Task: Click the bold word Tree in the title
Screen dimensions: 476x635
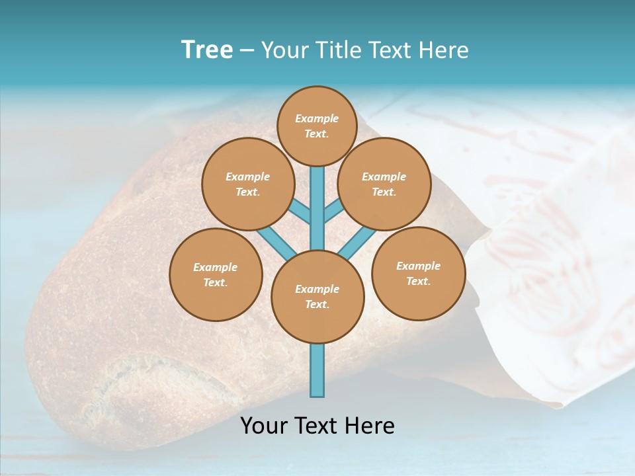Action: point(207,50)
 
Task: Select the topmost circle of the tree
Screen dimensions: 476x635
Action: point(317,126)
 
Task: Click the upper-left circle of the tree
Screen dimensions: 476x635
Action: point(247,184)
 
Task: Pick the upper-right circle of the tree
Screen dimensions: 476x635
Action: point(384,184)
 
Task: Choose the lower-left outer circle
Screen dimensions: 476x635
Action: point(216,274)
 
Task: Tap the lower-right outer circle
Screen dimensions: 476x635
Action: point(418,273)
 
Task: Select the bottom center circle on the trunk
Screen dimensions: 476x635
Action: point(317,297)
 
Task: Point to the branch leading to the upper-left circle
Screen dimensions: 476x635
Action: point(299,211)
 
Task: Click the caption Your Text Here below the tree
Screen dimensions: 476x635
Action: point(317,426)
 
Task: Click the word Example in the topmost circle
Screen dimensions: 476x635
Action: point(317,118)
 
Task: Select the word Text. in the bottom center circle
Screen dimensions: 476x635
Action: point(317,305)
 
